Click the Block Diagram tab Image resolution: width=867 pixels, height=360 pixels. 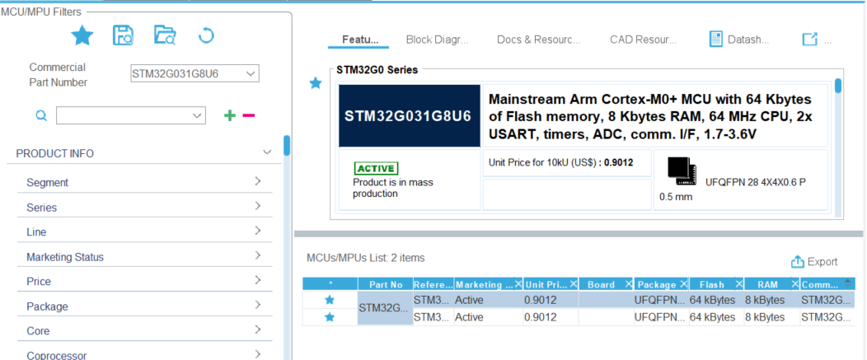tap(437, 40)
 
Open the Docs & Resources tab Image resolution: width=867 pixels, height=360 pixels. tap(538, 40)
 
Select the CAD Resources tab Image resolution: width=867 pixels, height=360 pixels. tap(643, 40)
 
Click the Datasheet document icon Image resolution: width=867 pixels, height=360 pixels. tap(716, 39)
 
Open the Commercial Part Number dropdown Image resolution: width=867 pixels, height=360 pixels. tap(194, 73)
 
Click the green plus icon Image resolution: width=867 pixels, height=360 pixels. tap(229, 115)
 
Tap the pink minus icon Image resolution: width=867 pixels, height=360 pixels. tap(249, 115)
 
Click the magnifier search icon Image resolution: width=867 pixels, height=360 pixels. tap(41, 115)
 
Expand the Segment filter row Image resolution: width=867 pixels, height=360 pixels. tap(144, 182)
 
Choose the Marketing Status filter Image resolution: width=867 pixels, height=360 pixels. tap(144, 256)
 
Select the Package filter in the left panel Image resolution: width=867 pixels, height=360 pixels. tap(144, 306)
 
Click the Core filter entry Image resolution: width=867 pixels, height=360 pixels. tap(144, 330)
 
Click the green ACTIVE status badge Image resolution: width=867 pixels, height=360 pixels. tap(376, 169)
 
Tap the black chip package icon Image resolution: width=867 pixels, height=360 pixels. tap(681, 171)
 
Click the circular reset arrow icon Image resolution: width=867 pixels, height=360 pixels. tap(206, 36)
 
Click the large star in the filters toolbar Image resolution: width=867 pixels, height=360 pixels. tap(82, 36)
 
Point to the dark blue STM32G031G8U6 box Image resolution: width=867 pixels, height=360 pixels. tap(410, 116)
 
